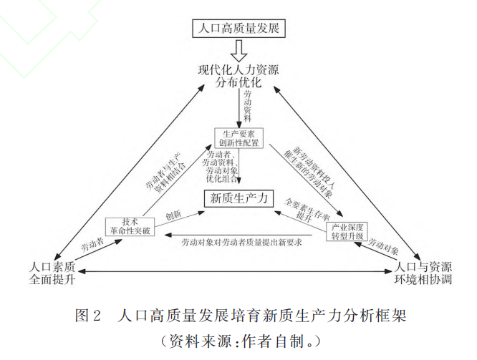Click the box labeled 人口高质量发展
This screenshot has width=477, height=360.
coord(238,29)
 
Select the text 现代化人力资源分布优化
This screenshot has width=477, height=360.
coord(238,77)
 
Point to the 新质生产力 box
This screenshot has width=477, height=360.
coord(238,199)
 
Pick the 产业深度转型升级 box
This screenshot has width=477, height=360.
coord(348,231)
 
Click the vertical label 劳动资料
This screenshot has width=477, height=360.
coord(247,107)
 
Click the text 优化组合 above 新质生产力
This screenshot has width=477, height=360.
coord(222,181)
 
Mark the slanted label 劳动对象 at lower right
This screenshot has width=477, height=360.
coord(382,246)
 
